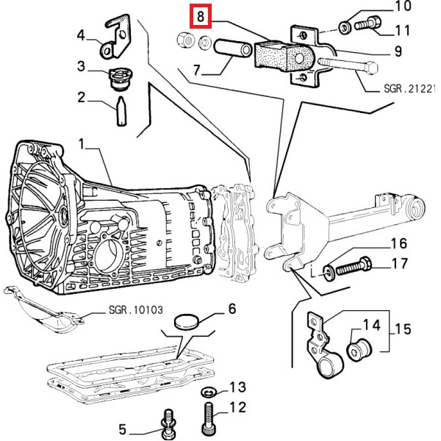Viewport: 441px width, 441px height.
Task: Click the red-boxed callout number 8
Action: (x=200, y=14)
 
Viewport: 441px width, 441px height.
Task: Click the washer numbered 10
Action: (x=345, y=28)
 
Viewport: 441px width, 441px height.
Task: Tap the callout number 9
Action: (x=396, y=51)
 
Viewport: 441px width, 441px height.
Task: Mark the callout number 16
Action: (x=398, y=244)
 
